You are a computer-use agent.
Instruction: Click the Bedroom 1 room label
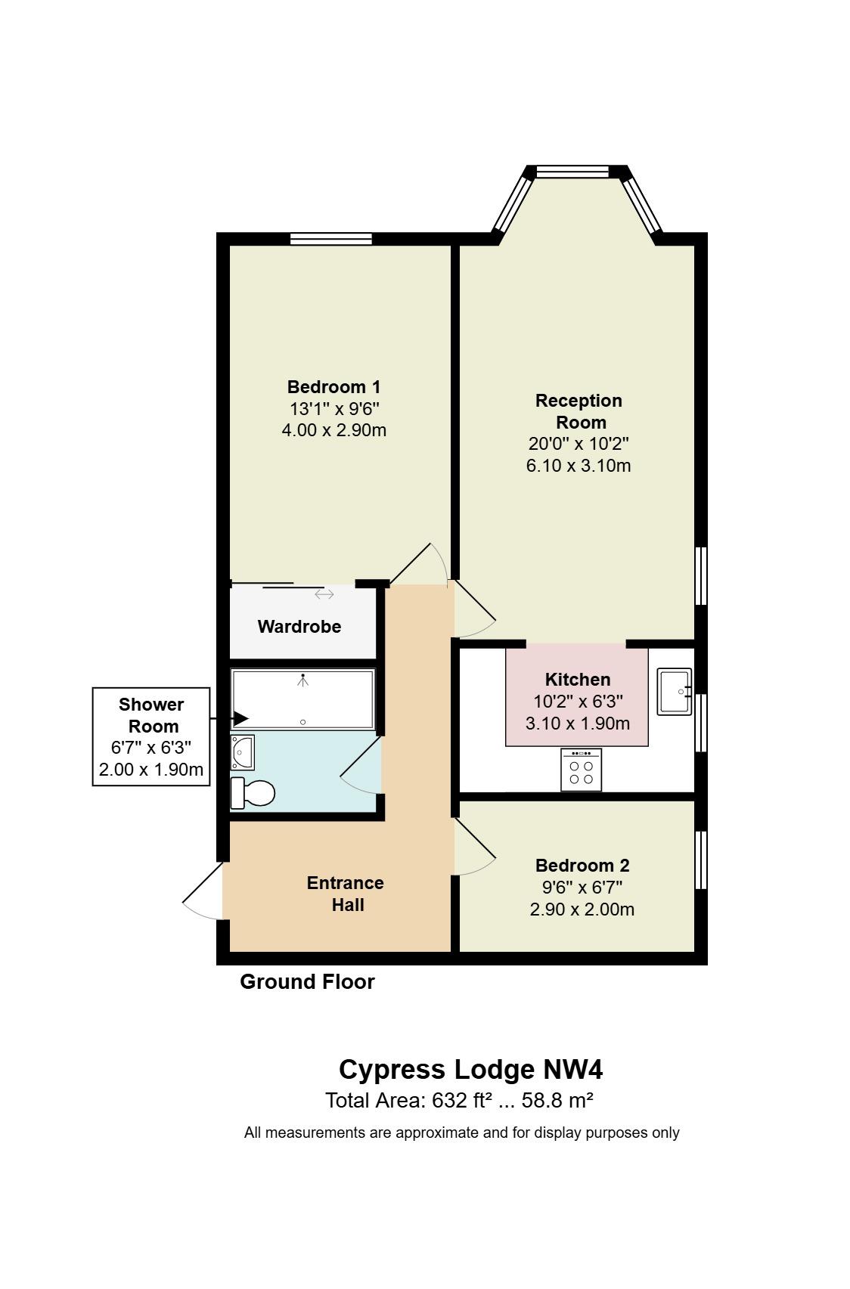click(333, 387)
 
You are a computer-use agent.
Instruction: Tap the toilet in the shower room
click(253, 792)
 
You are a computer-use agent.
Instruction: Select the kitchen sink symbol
click(673, 691)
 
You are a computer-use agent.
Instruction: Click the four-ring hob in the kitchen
click(581, 770)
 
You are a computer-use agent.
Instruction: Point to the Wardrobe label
click(299, 627)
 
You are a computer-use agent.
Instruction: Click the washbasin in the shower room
click(243, 751)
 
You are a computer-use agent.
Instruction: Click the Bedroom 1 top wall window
click(331, 240)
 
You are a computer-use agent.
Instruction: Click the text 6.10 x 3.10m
click(578, 466)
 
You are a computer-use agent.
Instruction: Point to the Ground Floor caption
click(307, 982)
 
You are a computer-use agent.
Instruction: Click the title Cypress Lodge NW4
click(470, 1070)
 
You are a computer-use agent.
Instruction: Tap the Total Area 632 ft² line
click(458, 1101)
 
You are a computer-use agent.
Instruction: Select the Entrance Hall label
click(346, 894)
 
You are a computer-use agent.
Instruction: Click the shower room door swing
click(362, 765)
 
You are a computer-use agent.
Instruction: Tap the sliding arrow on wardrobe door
click(324, 594)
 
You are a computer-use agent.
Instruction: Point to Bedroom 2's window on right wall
click(701, 860)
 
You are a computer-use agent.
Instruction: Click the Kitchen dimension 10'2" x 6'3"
click(578, 702)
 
